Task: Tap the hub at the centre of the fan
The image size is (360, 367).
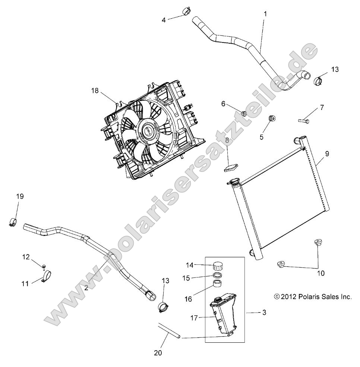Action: point(148,131)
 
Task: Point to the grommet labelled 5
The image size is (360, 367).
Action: point(272,120)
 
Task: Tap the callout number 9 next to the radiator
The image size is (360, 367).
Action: point(327,153)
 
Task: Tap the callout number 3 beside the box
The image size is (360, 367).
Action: point(264,313)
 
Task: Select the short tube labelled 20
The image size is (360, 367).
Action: point(168,330)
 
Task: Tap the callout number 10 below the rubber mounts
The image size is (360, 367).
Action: point(320,273)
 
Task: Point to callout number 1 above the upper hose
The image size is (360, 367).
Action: point(265,13)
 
